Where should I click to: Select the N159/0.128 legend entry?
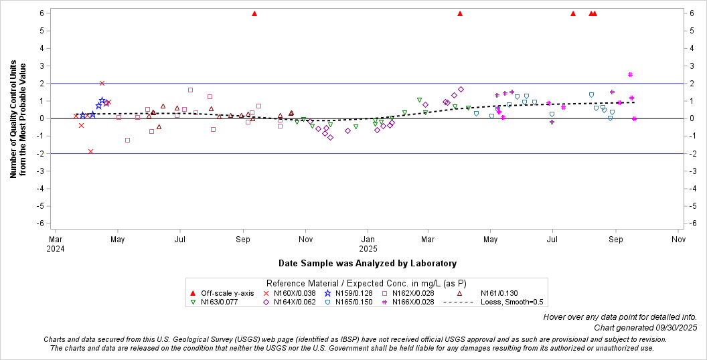350,293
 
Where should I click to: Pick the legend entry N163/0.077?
215,302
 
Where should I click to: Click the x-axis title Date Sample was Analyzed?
368,264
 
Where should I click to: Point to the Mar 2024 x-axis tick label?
56,242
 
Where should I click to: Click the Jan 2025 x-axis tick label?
368,242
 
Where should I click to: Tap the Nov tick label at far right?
678,238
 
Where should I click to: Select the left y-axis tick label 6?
42,13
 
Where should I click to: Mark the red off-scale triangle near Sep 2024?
254,13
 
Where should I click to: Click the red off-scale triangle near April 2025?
460,13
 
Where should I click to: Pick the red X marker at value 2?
102,84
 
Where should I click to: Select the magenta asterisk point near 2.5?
630,74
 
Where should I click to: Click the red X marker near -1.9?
90,151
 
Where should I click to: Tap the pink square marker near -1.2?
127,140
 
